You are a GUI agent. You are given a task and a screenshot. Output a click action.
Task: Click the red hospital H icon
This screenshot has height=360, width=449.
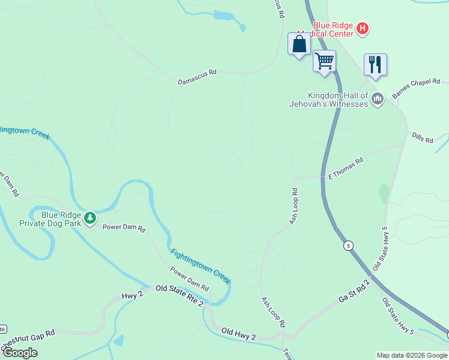coord(363,28)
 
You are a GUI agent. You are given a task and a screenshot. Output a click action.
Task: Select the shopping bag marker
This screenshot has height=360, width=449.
coord(299,44)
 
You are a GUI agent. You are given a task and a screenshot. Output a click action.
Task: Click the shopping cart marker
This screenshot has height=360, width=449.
coord(324,61)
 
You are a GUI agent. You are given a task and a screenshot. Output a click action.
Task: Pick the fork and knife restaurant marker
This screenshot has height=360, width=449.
coord(375,65)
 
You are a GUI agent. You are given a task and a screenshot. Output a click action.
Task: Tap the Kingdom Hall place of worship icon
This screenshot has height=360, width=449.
coord(378,99)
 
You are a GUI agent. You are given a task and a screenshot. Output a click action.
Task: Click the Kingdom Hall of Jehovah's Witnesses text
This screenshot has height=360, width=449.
coord(337,100)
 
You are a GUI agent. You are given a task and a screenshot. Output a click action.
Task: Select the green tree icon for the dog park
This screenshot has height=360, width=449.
coord(90,217)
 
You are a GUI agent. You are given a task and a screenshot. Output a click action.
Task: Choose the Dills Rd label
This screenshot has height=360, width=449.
coord(423,139)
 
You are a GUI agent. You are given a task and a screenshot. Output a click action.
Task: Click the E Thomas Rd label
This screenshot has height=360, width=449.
coord(346,169)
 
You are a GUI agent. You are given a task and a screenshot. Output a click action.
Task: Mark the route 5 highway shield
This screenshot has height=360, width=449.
coord(348,245)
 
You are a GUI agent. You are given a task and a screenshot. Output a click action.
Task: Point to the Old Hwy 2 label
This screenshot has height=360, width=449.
coord(238,334)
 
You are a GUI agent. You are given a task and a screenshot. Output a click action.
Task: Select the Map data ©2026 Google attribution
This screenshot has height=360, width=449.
coord(412,355)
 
